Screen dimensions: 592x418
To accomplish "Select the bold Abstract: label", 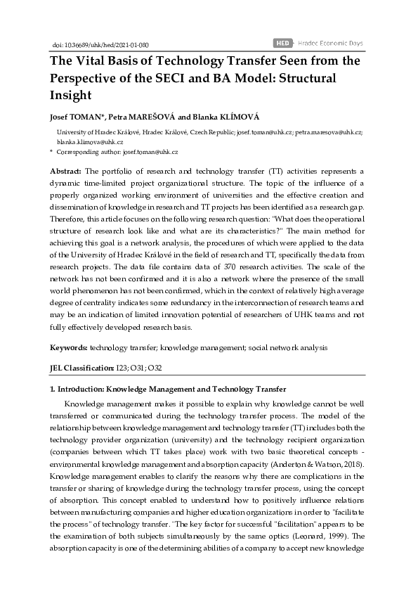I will point(65,171).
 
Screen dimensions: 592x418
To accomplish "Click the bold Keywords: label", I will point(68,347).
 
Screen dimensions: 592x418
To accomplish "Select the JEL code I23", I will point(122,368).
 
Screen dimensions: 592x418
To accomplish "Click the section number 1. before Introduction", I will point(52,388).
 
